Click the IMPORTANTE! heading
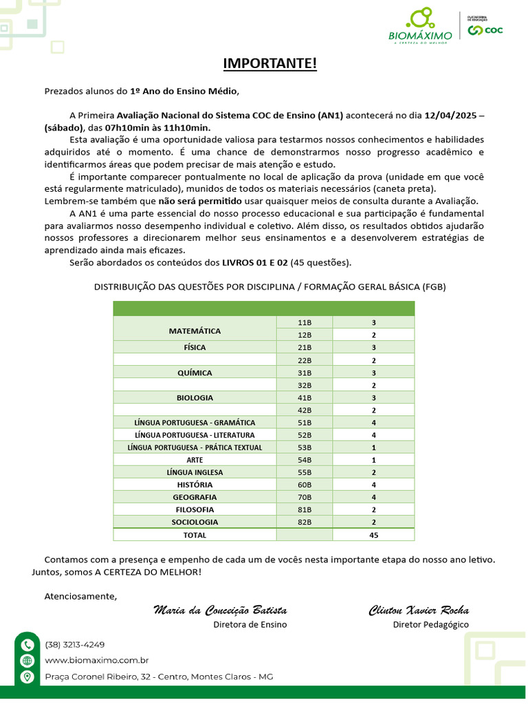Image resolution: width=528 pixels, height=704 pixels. (270, 64)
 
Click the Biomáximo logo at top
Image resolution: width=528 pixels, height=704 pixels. (420, 27)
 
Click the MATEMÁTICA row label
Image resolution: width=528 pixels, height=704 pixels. (195, 331)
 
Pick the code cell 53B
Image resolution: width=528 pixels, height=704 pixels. (305, 448)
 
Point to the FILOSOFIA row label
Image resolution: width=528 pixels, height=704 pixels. (195, 509)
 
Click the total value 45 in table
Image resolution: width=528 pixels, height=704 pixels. (373, 534)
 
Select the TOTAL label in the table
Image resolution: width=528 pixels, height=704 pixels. (195, 534)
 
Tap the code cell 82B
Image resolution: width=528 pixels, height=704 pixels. (305, 522)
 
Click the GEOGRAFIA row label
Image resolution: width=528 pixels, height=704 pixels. (195, 497)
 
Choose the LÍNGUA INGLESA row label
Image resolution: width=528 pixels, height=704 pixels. (195, 472)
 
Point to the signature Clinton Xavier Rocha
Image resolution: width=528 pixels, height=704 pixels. (419, 610)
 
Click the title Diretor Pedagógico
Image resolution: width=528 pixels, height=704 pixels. (430, 624)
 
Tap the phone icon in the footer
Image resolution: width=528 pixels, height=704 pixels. (27, 645)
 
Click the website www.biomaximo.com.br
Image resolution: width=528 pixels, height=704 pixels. (97, 661)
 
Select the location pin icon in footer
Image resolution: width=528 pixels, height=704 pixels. (27, 677)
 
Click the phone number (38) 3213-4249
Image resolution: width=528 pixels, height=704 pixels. (75, 645)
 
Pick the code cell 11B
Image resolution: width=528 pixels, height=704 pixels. (305, 322)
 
